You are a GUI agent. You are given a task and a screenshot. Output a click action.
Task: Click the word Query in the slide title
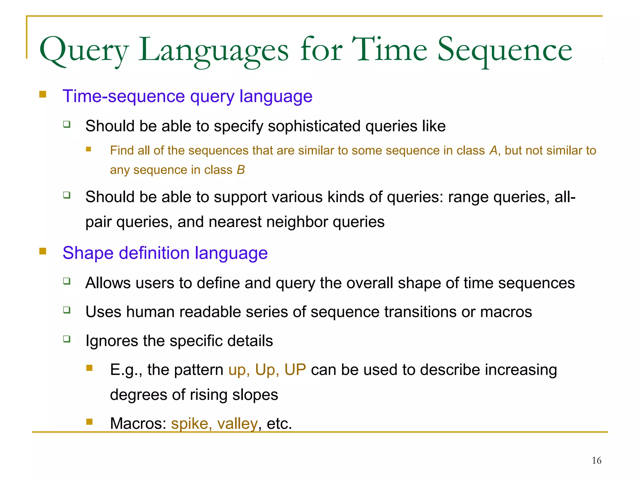click(84, 51)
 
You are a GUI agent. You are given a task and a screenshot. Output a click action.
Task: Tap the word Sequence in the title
click(504, 51)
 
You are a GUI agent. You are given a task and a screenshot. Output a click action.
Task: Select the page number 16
click(596, 460)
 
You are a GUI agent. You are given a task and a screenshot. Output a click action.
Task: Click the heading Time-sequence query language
click(187, 96)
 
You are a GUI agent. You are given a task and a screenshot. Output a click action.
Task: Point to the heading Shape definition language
click(165, 253)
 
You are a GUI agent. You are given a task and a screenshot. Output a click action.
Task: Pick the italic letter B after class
click(241, 170)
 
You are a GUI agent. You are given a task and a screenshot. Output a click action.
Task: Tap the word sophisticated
click(314, 126)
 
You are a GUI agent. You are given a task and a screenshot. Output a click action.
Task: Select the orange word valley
click(237, 424)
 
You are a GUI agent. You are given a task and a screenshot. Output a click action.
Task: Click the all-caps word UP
click(295, 370)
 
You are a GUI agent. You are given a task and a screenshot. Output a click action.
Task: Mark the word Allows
click(108, 283)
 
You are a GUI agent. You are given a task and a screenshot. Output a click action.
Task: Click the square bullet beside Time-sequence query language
click(43, 94)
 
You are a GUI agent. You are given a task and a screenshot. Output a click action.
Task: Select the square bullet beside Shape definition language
click(43, 251)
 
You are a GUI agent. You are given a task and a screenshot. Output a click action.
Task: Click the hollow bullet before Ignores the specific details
click(67, 339)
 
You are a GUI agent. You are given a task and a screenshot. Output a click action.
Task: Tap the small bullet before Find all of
click(89, 149)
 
